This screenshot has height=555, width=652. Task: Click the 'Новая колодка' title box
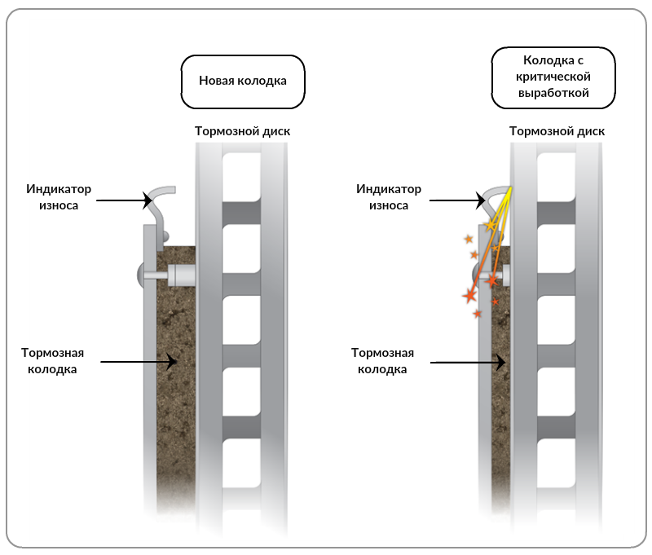click(x=243, y=81)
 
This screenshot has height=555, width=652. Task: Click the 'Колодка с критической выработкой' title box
click(x=553, y=77)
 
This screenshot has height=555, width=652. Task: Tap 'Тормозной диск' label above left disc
click(x=242, y=131)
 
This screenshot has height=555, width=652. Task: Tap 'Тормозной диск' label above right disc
click(x=557, y=131)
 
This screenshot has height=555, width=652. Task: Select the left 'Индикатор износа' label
click(x=59, y=197)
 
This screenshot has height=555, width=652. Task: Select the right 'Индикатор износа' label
click(x=389, y=197)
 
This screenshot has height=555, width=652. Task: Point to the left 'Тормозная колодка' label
click(x=52, y=361)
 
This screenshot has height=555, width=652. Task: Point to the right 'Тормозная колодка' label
click(x=382, y=361)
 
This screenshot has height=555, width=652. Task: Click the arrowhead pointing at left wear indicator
click(x=148, y=200)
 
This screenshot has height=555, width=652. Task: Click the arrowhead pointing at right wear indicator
click(x=481, y=200)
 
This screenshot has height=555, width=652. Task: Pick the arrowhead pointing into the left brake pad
click(x=172, y=362)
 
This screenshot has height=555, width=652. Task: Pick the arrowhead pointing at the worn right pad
click(x=500, y=363)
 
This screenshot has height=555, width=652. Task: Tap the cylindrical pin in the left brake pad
click(x=181, y=275)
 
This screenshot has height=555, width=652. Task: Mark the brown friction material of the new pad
click(x=176, y=374)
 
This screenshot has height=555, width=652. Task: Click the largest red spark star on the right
click(x=470, y=296)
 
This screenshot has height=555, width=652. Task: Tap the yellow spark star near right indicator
click(x=491, y=225)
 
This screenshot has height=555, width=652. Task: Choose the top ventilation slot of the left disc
click(x=241, y=177)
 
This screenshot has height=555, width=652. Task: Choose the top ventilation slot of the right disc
click(x=556, y=177)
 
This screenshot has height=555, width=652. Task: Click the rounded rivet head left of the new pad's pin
click(x=140, y=275)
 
